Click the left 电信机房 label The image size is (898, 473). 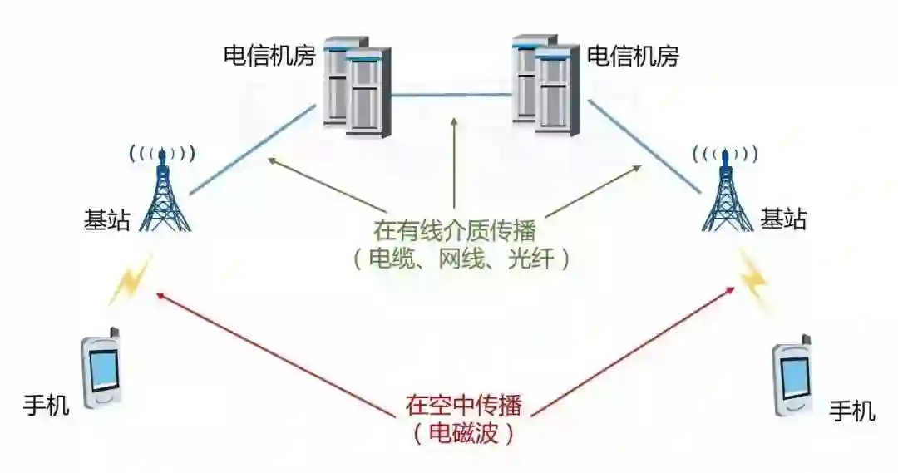268,57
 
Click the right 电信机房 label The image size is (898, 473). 633,57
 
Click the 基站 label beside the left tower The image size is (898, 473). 106,220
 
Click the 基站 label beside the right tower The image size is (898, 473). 783,220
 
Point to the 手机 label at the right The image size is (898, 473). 852,411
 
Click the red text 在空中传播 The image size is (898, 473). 463,405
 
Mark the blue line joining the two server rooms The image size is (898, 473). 451,95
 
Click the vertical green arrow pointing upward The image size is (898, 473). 454,162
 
